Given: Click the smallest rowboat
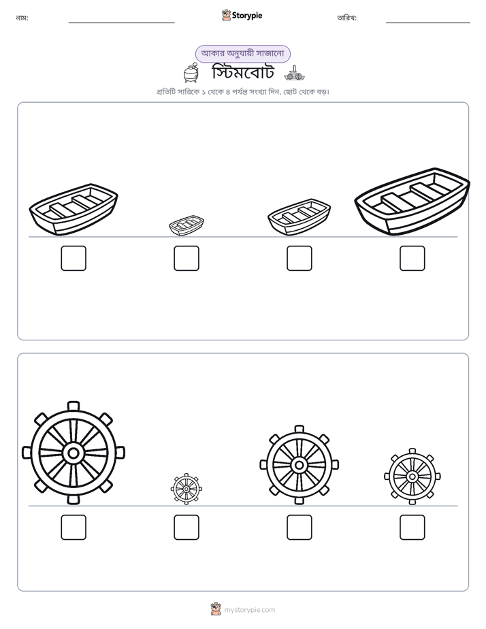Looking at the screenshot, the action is click(x=187, y=225).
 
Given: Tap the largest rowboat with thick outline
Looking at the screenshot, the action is click(x=412, y=201).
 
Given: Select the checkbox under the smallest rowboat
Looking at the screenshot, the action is click(x=187, y=259).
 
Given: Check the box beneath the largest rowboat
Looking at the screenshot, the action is click(x=412, y=259).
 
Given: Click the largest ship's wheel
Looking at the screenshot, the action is click(x=74, y=453).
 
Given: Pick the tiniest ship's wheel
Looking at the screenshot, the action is click(x=187, y=489).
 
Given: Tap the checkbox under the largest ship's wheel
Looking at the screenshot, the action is click(x=74, y=527).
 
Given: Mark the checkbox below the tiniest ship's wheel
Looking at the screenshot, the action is click(x=187, y=527).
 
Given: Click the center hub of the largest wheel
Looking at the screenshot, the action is click(x=74, y=453).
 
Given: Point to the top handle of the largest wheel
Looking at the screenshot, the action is click(x=74, y=406).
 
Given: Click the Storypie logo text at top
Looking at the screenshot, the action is click(x=247, y=16).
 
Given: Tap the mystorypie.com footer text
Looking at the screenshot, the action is click(x=249, y=610).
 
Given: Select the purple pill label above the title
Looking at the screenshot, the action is click(x=242, y=54).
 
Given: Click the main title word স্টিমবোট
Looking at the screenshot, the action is click(x=243, y=73).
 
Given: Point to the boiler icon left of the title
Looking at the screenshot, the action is click(x=191, y=73).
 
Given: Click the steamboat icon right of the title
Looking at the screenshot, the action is click(x=295, y=74).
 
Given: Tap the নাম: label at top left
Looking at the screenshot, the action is click(x=22, y=18).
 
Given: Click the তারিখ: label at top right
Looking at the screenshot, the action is click(x=347, y=18).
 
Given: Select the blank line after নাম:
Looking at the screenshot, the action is click(x=121, y=23).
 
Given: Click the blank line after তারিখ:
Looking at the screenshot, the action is click(x=428, y=23).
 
